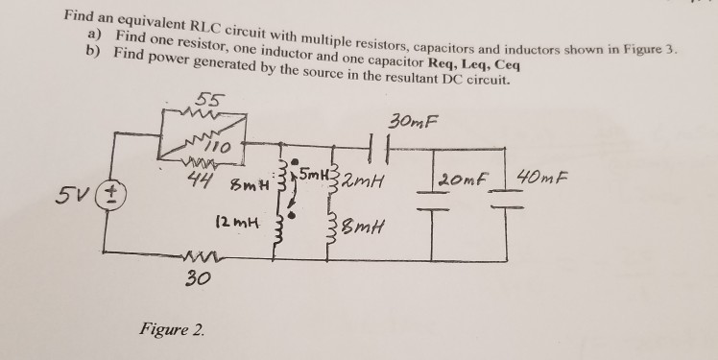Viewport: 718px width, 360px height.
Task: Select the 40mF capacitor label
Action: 545,178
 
